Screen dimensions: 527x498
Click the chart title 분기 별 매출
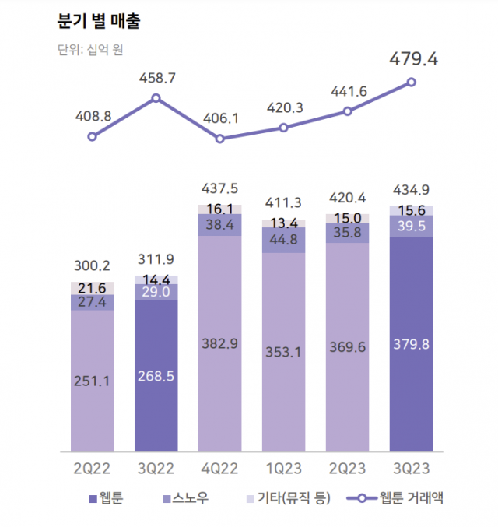point(99,21)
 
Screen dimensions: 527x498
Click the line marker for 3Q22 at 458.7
point(156,98)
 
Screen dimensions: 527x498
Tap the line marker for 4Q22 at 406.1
point(220,139)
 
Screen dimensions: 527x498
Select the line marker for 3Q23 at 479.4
point(412,82)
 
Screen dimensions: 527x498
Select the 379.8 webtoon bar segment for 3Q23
point(412,343)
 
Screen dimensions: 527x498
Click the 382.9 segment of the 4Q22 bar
point(220,343)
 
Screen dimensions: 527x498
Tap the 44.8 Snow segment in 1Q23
point(284,240)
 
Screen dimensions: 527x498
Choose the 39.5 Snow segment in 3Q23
point(412,227)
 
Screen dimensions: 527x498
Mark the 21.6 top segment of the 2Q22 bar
point(93,288)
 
